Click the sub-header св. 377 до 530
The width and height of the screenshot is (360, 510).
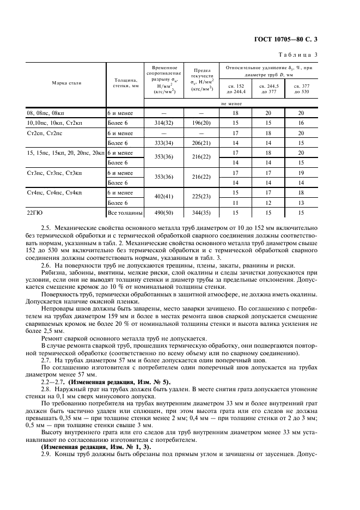(x=301, y=89)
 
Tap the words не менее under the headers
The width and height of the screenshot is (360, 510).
(x=231, y=103)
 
